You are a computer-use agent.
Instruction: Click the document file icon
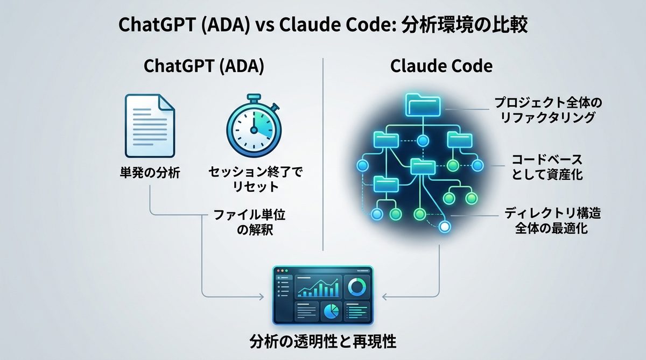coord(149,125)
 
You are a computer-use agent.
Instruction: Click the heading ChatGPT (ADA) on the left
coord(204,67)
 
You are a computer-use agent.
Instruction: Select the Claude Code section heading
coord(441,67)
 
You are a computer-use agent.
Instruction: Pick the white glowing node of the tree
coord(445,227)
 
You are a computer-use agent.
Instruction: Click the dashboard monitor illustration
coord(323,295)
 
